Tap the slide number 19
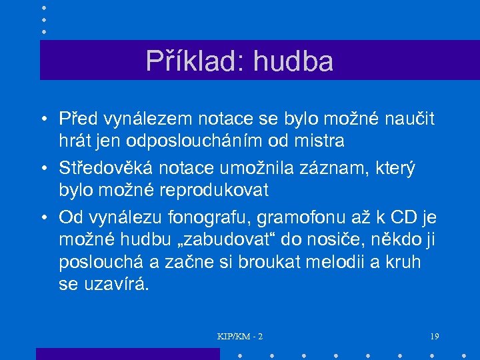(x=435, y=337)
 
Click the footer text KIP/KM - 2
(x=240, y=337)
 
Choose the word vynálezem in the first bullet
(x=147, y=120)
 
